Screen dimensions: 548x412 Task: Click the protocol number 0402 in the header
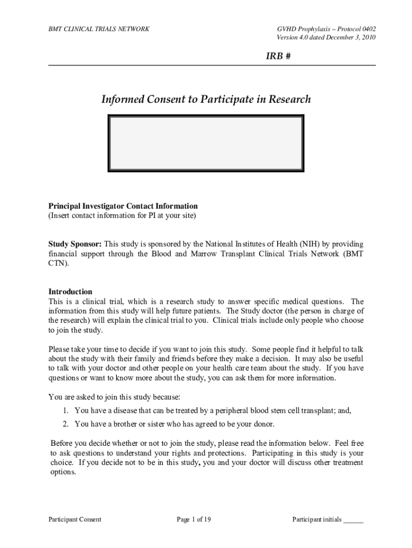coord(366,28)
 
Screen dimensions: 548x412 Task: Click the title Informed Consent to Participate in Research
coord(206,100)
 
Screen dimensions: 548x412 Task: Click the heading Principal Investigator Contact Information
coord(123,206)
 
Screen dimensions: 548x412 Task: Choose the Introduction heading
coord(70,292)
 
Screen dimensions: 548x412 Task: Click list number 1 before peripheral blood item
coord(65,410)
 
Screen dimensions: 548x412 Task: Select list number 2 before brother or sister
coord(65,424)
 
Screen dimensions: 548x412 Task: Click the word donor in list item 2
coord(263,424)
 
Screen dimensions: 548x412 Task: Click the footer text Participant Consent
coord(75,519)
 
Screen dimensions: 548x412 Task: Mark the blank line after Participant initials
coord(354,520)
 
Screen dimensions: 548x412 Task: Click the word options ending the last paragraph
coord(63,473)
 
